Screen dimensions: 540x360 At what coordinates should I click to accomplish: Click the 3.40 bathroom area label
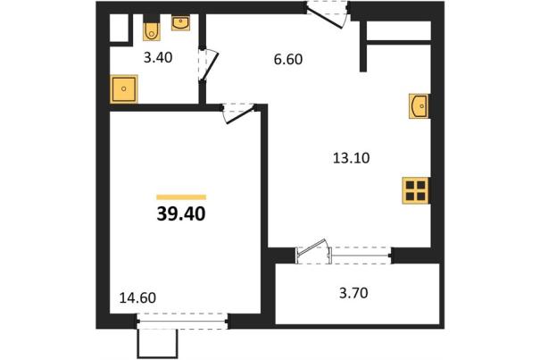(158, 57)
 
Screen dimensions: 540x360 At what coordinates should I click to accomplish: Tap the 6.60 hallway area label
(288, 59)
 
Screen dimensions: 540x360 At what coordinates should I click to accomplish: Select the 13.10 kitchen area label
(352, 158)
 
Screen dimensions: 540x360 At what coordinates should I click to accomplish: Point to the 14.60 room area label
(137, 298)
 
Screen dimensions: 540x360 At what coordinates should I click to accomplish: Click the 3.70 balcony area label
(353, 293)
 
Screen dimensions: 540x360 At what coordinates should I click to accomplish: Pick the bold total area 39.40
(181, 214)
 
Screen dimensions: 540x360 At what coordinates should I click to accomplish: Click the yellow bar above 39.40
(181, 197)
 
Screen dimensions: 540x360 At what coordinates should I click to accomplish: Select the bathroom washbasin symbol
(180, 23)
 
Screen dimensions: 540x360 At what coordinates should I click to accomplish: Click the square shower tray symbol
(124, 89)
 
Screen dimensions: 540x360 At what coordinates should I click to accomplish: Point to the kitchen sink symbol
(419, 106)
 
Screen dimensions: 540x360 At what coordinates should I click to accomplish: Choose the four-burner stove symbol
(416, 190)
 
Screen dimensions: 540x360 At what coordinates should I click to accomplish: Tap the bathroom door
(210, 66)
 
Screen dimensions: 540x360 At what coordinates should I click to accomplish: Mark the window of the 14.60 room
(182, 322)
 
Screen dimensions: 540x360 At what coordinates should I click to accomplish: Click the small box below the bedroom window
(158, 344)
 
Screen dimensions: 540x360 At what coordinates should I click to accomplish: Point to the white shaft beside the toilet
(119, 28)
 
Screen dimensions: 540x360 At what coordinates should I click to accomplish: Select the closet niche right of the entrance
(399, 30)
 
